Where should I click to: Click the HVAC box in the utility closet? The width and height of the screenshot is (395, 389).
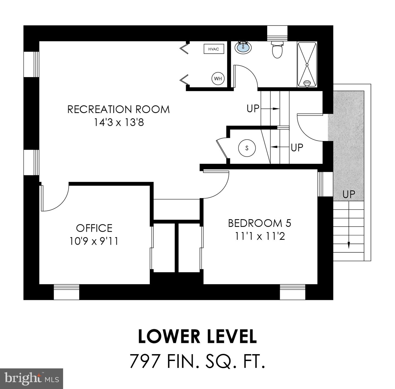[214, 49]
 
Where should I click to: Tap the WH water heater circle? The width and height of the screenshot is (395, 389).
[218, 79]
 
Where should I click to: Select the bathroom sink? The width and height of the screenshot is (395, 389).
[243, 48]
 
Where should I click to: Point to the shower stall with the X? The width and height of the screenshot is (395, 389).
[307, 64]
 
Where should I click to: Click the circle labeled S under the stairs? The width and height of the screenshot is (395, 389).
[247, 148]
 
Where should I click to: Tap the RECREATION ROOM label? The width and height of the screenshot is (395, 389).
[119, 109]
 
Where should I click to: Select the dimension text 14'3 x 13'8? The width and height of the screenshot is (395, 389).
[119, 122]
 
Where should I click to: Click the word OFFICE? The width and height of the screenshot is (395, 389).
[94, 228]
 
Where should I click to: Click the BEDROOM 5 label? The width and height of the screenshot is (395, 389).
[259, 223]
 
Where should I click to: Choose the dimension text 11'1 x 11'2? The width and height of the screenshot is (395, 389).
[260, 236]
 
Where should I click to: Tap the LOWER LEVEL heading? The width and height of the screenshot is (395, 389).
[197, 337]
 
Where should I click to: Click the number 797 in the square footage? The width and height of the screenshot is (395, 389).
[145, 361]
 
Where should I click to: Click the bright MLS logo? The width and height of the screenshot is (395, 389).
[32, 379]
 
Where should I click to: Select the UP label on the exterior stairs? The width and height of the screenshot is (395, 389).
[349, 194]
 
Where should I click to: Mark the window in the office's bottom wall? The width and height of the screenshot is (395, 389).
[66, 292]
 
